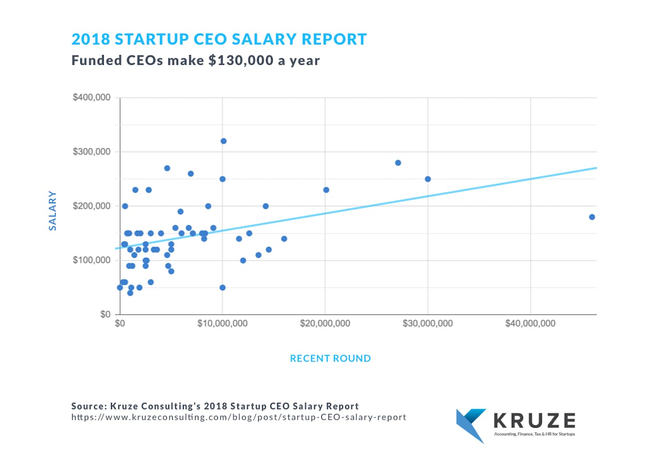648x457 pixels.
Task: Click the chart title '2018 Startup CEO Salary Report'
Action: [219, 39]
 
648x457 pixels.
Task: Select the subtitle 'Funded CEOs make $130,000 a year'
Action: [195, 60]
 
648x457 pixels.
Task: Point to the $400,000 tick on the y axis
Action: [91, 98]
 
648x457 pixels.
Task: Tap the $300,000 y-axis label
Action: [91, 152]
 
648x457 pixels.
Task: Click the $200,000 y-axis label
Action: [91, 206]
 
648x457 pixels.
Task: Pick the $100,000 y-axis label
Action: [91, 260]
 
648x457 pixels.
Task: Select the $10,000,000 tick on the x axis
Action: [222, 323]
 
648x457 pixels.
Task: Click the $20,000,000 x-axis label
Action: [325, 323]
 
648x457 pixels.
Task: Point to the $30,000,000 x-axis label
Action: [427, 323]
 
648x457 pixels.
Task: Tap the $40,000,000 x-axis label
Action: [530, 323]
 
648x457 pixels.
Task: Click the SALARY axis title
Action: [53, 211]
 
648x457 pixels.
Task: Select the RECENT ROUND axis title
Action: [330, 359]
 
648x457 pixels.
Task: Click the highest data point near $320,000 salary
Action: [223, 141]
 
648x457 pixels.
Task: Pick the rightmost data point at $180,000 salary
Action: [592, 217]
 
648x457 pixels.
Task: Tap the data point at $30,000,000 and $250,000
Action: [428, 179]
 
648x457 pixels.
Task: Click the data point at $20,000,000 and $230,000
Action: [326, 190]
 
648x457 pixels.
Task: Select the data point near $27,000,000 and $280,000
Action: [398, 163]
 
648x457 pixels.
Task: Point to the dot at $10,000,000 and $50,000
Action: [222, 288]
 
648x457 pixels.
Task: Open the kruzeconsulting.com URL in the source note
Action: [239, 417]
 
